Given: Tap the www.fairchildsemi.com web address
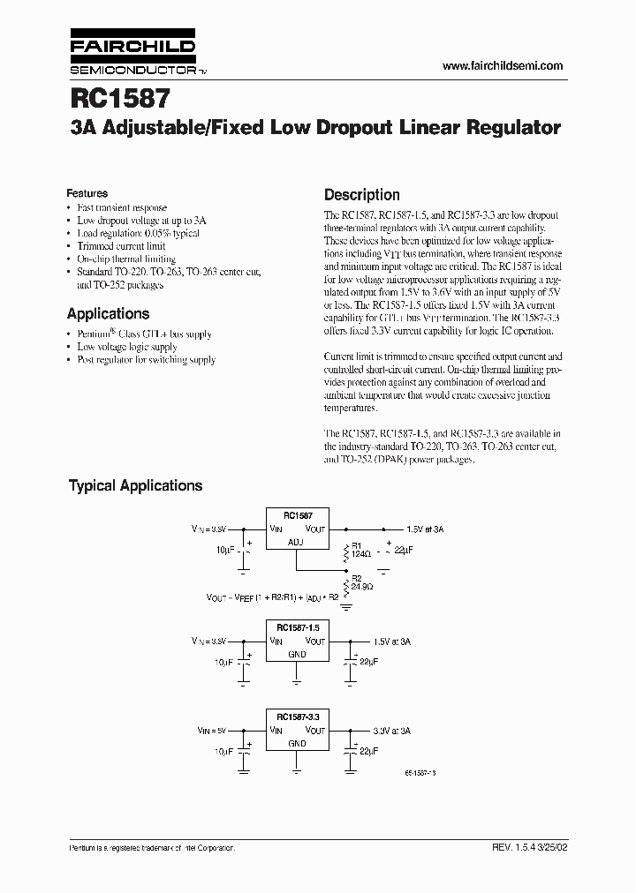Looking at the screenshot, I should (x=501, y=66).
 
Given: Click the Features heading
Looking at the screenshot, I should (x=87, y=193).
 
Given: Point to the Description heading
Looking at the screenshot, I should (x=361, y=195).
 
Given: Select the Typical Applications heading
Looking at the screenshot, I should (x=135, y=485).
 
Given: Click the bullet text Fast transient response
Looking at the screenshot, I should (x=121, y=208).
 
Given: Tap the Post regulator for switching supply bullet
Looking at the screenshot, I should (x=146, y=360).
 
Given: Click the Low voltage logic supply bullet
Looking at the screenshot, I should (x=126, y=348).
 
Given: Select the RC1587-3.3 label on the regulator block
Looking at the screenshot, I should (x=297, y=717).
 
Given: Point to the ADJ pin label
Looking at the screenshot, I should (x=296, y=543).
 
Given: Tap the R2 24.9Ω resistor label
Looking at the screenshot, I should (x=360, y=582).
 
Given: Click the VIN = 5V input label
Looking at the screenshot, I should (x=211, y=732).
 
